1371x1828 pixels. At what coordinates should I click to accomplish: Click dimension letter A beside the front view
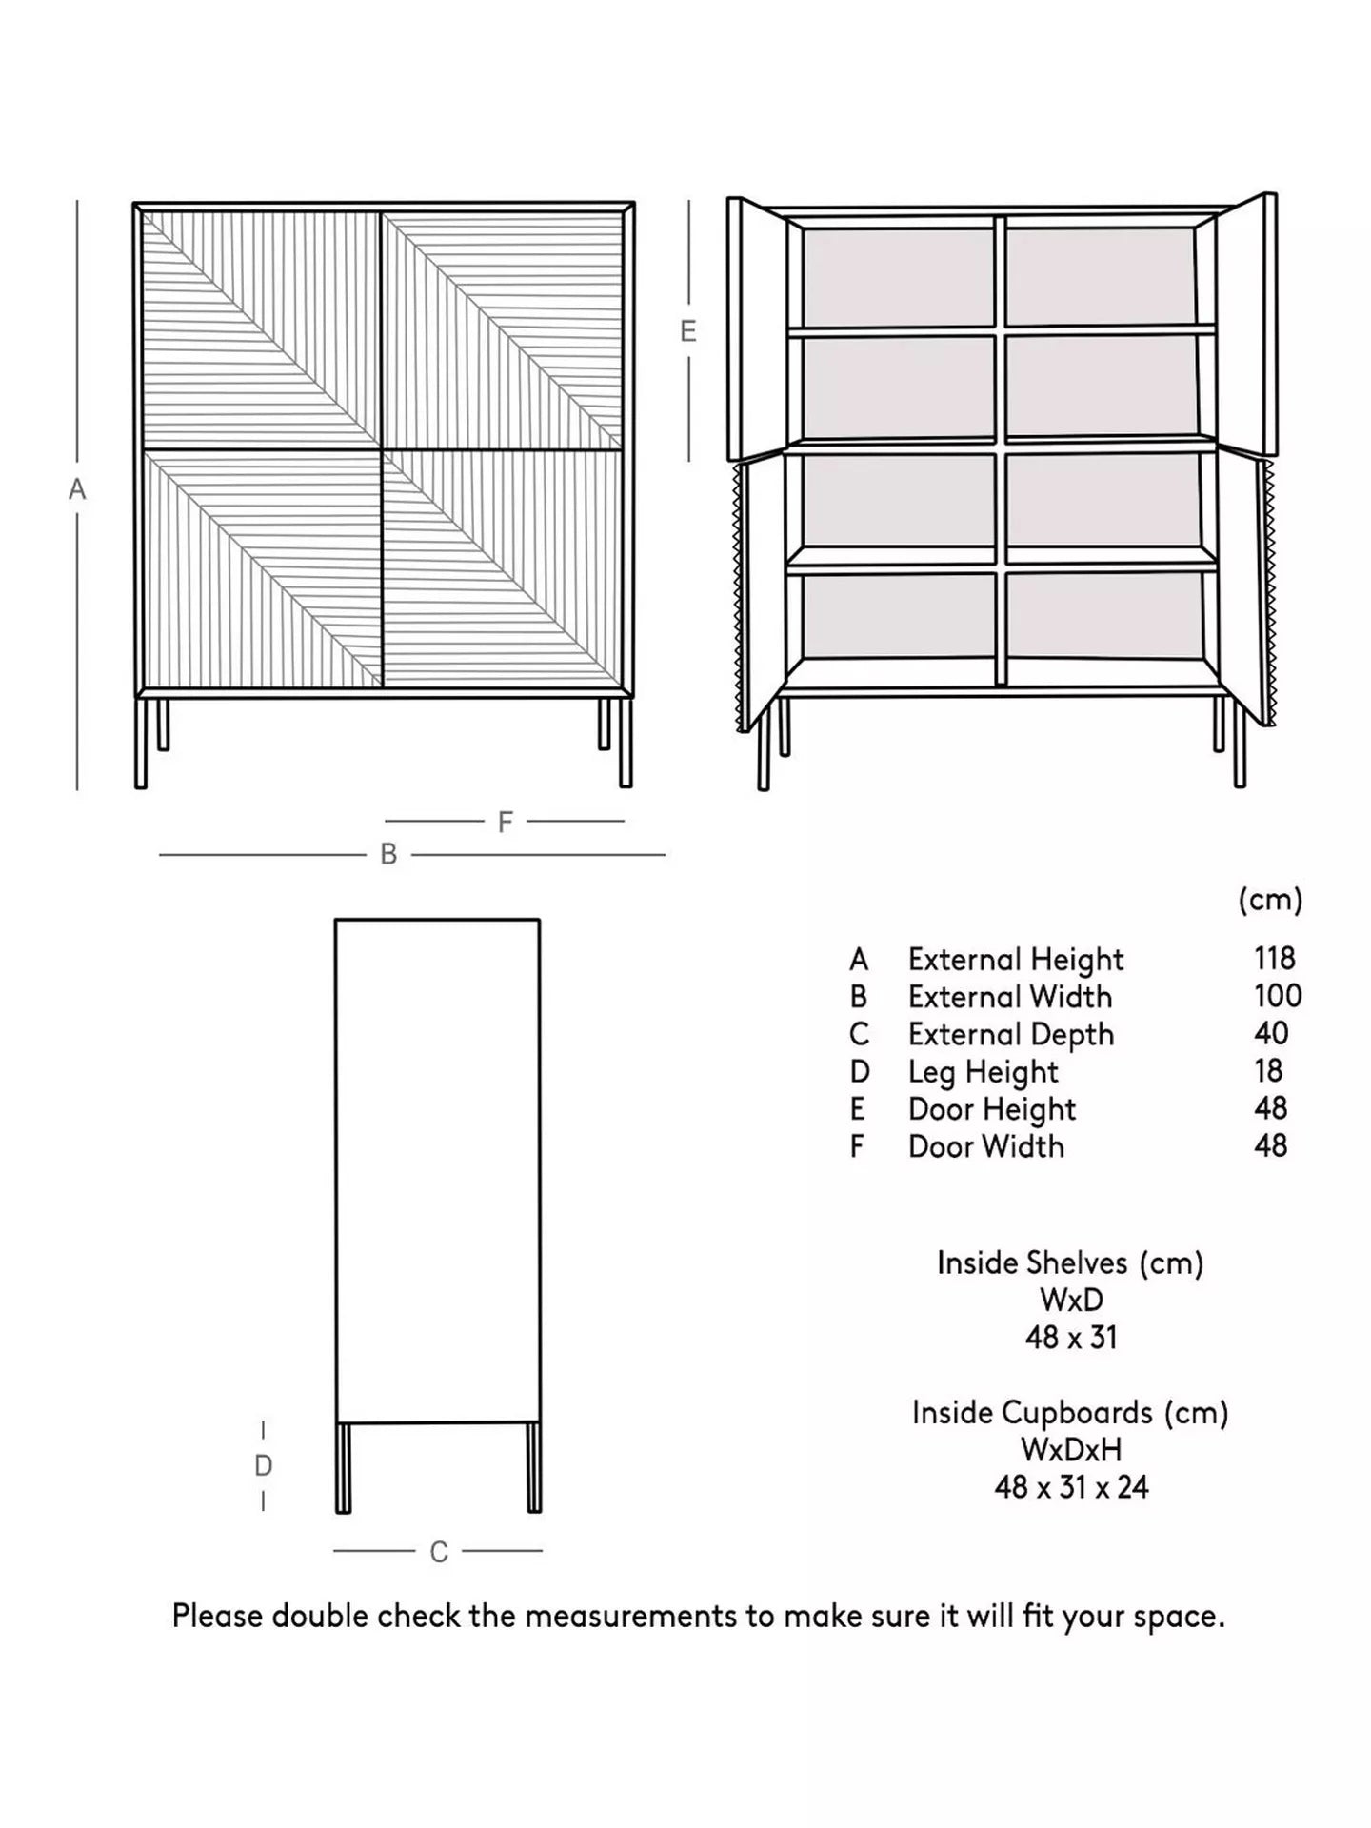[77, 489]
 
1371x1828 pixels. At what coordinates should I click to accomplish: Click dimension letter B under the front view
[388, 854]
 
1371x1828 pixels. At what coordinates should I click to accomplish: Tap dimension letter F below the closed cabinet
[506, 822]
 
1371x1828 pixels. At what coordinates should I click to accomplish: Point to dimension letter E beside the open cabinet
[688, 331]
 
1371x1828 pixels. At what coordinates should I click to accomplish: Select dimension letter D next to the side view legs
[264, 1465]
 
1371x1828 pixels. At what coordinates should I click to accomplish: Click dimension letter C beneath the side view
[439, 1552]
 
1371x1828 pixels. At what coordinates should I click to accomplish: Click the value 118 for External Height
[1274, 958]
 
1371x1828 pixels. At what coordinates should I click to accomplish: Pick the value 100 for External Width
[1277, 996]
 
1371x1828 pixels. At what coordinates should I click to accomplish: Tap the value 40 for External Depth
[1271, 1033]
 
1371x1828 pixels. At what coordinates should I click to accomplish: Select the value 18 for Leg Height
[1268, 1071]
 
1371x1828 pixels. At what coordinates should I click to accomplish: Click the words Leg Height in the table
[983, 1072]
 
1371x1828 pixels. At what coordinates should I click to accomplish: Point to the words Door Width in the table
[985, 1146]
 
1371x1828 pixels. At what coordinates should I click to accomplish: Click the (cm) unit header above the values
[1270, 900]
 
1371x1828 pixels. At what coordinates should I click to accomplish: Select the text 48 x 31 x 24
[1071, 1486]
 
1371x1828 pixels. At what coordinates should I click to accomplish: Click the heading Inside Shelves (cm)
[1070, 1262]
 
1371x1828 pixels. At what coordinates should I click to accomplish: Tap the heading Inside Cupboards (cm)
[1070, 1412]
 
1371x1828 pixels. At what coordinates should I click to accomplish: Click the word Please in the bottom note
[218, 1616]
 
